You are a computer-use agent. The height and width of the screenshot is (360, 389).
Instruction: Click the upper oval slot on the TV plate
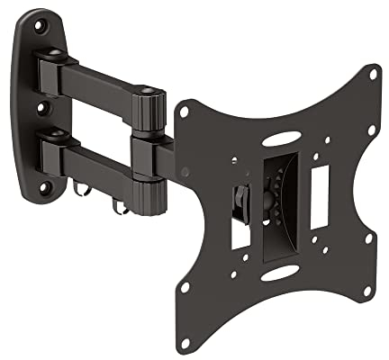pyautogui.click(x=281, y=140)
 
